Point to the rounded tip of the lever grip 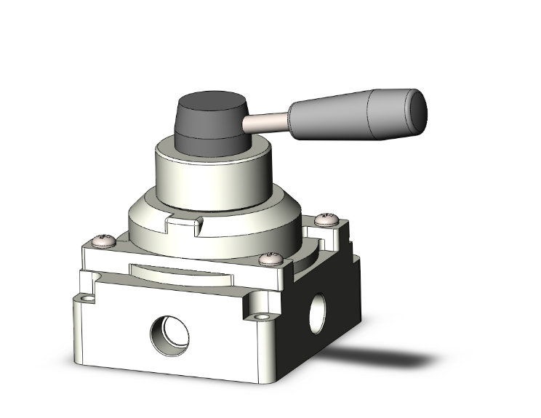point(419,108)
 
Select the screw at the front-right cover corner point(273,257)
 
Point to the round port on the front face point(169,334)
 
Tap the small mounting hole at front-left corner point(89,299)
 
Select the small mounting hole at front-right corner point(261,316)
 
